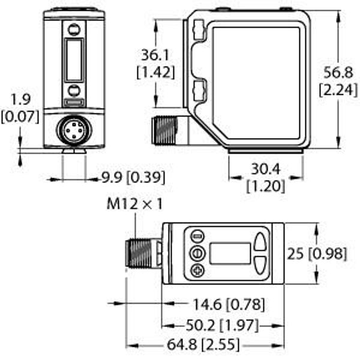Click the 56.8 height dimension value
click(x=338, y=73)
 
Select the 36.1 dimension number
click(x=155, y=55)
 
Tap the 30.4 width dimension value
click(x=266, y=169)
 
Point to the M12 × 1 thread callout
click(x=134, y=204)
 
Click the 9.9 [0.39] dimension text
click(x=133, y=178)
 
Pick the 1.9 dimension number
click(x=20, y=100)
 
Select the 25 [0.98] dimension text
click(x=317, y=254)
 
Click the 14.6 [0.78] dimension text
click(x=229, y=304)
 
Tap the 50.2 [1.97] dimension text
click(x=222, y=325)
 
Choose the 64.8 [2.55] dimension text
click(x=203, y=344)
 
